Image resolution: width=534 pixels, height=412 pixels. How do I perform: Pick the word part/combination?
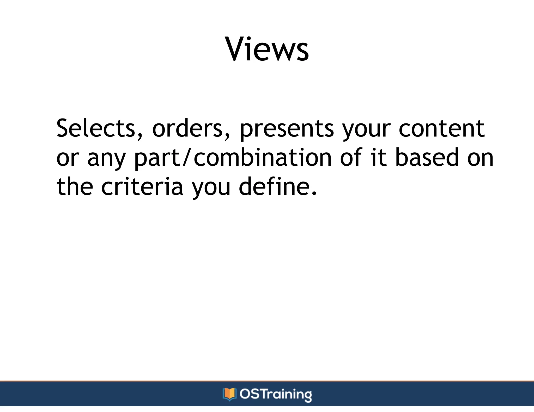pyautogui.click(x=233, y=158)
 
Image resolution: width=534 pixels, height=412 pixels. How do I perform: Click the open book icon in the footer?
pyautogui.click(x=229, y=394)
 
